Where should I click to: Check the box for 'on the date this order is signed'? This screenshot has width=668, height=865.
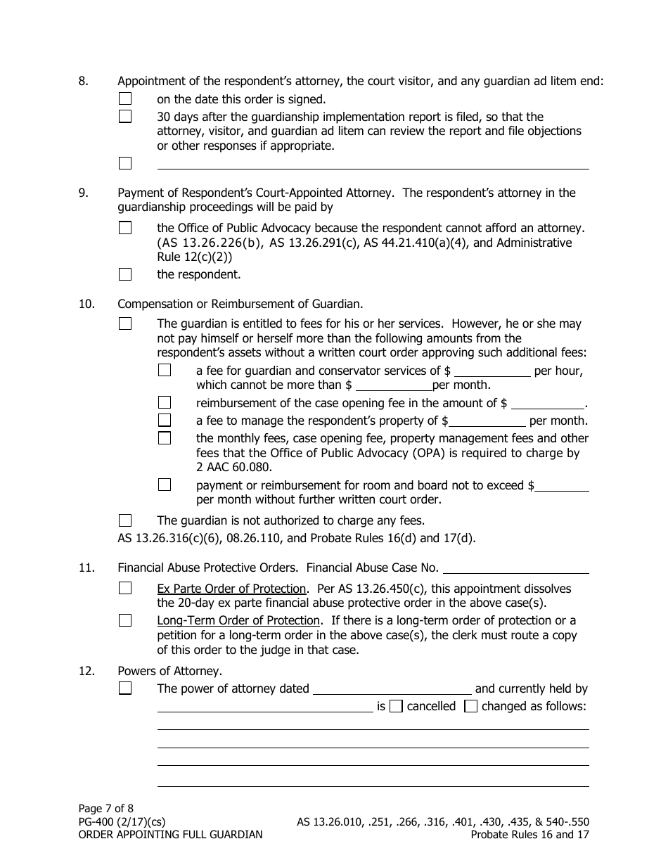(x=125, y=99)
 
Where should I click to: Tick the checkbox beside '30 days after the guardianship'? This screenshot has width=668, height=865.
(x=125, y=117)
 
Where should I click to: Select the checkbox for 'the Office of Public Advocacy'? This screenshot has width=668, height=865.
(x=125, y=228)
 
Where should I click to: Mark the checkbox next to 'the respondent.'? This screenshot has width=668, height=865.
(x=125, y=274)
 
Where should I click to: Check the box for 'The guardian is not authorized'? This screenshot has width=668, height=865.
(x=125, y=520)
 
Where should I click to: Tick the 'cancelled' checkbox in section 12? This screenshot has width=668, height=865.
(x=396, y=706)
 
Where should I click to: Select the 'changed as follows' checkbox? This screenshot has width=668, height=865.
(x=471, y=706)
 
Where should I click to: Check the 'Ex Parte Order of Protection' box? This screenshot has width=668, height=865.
(x=125, y=589)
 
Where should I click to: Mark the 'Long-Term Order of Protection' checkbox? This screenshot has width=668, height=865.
(x=125, y=620)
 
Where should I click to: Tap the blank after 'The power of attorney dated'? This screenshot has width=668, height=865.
(x=392, y=689)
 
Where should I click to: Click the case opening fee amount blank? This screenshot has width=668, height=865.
(x=548, y=404)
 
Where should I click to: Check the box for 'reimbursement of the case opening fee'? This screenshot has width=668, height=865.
(x=165, y=403)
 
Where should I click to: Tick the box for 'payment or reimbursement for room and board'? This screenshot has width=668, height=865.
(x=165, y=485)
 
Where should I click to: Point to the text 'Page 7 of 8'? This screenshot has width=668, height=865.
(x=105, y=809)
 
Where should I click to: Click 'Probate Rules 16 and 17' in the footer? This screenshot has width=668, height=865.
(x=529, y=835)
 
